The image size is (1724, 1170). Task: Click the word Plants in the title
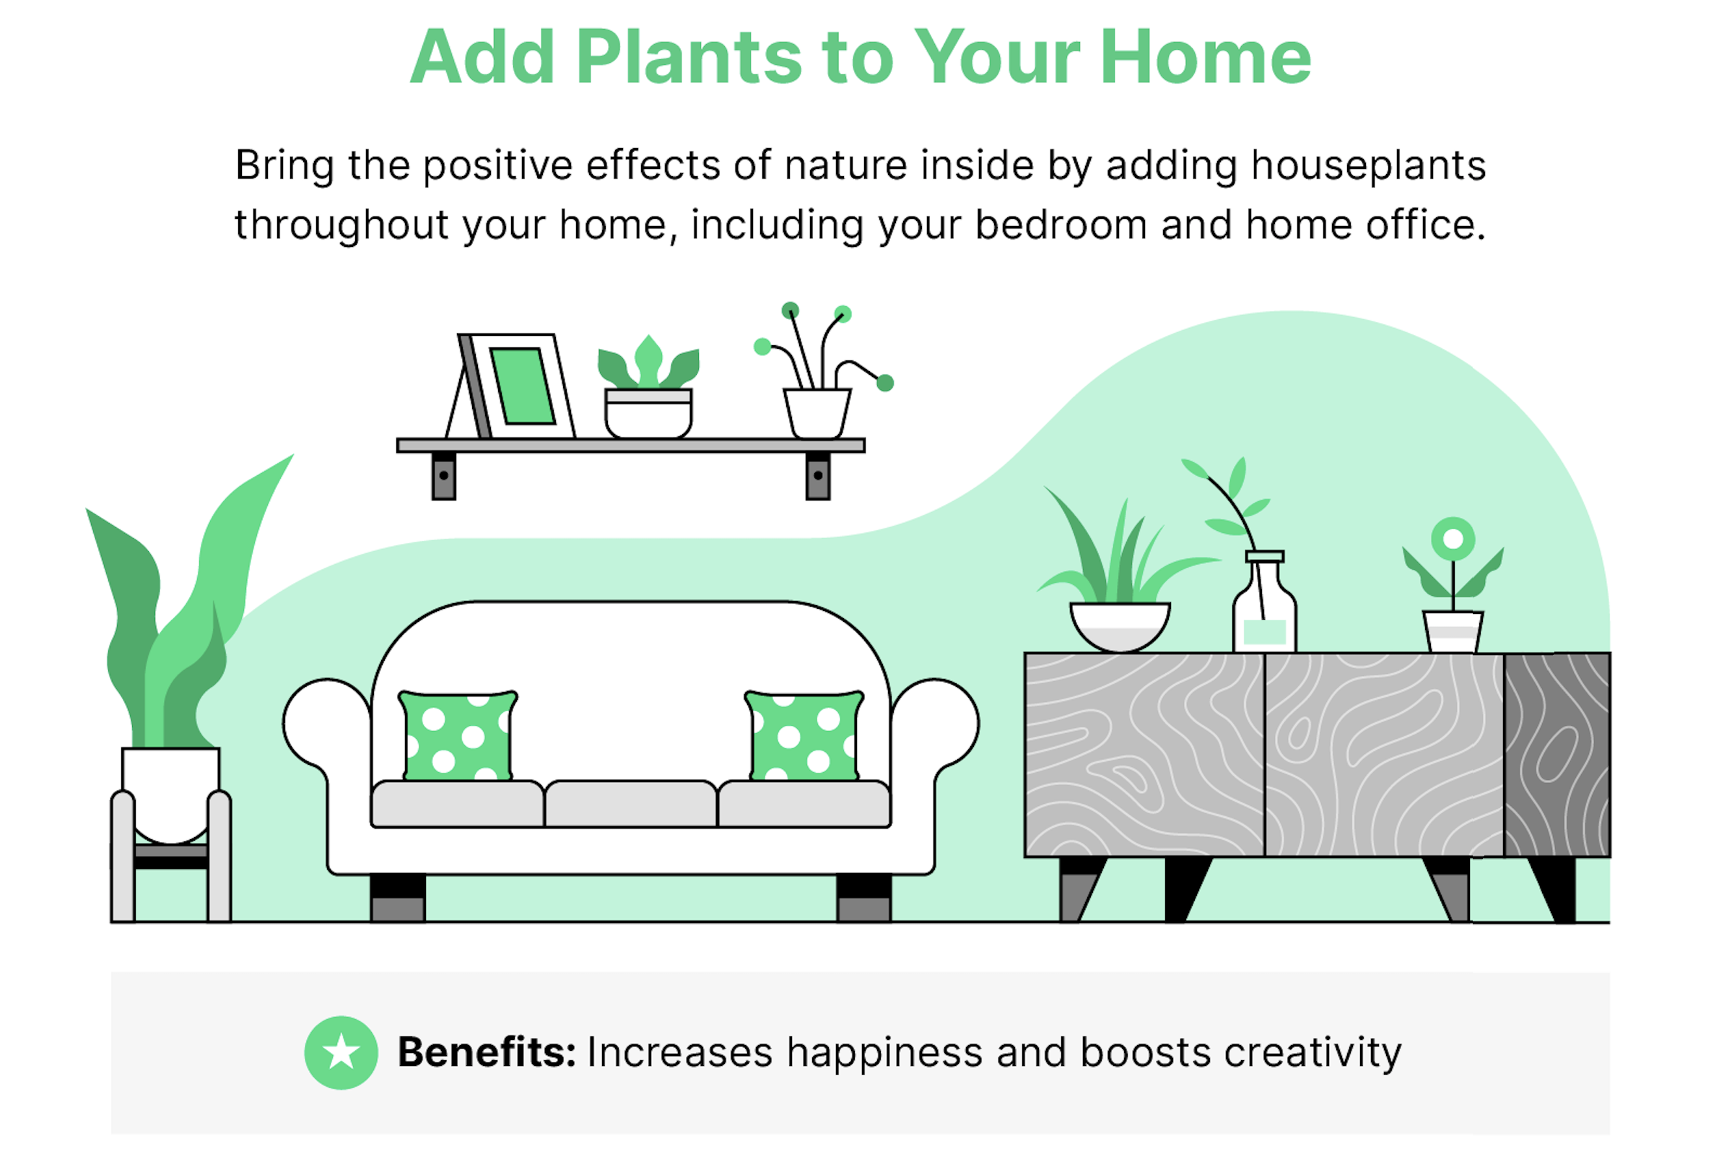(689, 57)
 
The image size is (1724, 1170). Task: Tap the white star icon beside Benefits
(341, 1052)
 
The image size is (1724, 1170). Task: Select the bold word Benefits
(487, 1052)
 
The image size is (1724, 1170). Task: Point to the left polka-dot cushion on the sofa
(458, 736)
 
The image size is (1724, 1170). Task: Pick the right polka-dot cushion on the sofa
(804, 736)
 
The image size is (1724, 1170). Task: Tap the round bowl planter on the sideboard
(1120, 628)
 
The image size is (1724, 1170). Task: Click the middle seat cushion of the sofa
(630, 804)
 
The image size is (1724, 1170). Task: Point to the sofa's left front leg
(398, 898)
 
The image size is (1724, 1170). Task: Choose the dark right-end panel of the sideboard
(1557, 755)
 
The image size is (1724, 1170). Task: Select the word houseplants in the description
(1369, 165)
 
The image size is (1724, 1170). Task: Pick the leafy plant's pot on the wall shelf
(648, 414)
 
